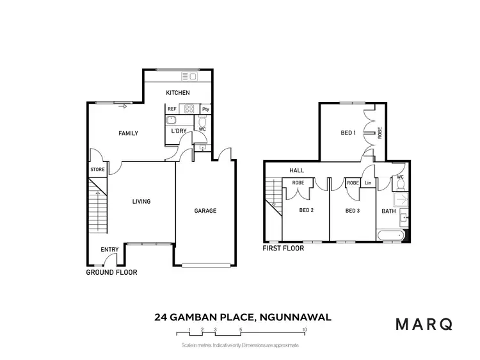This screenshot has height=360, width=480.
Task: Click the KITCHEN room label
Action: click(178, 94)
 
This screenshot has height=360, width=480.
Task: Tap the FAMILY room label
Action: click(128, 133)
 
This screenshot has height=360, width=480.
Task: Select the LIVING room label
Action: click(141, 202)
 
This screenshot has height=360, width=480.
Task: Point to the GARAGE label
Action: click(205, 211)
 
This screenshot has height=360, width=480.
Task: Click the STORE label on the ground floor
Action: click(97, 170)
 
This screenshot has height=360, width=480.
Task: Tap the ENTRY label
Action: click(109, 250)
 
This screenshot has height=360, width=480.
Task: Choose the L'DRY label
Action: click(179, 131)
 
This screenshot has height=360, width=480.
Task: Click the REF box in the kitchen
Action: click(172, 109)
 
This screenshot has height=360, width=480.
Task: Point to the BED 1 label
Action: click(348, 133)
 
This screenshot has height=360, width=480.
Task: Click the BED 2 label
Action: click(307, 210)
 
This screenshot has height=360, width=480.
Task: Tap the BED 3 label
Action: click(352, 210)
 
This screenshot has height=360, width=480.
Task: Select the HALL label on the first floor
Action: click(296, 171)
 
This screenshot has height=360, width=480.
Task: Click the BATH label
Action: click(388, 210)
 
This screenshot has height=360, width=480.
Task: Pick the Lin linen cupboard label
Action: click(368, 183)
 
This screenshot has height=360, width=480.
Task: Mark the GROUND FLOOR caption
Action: click(111, 272)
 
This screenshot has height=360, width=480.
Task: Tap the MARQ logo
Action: click(424, 323)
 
